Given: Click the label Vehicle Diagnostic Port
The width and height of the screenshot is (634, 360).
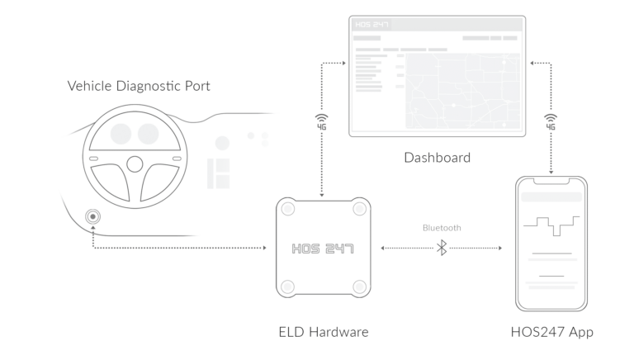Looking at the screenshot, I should click(x=138, y=85).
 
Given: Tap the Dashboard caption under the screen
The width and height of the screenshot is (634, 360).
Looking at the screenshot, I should click(x=437, y=157).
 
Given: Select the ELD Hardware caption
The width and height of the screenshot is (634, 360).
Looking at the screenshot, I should click(x=323, y=332).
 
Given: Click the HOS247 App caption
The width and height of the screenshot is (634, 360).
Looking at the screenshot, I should click(x=552, y=332).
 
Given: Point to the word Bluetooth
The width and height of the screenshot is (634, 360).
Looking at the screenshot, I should click(x=442, y=228).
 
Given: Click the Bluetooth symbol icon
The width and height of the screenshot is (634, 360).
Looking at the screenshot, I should click(x=442, y=247).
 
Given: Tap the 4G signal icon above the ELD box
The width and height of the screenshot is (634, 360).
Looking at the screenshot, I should click(x=321, y=122).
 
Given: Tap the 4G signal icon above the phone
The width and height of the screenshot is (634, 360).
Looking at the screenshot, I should click(x=551, y=122).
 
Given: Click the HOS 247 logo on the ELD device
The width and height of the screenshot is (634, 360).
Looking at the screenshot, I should click(x=323, y=248).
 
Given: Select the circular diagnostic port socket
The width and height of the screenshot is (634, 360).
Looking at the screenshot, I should click(x=92, y=217).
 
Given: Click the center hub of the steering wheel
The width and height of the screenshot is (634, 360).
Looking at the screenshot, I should click(x=134, y=163).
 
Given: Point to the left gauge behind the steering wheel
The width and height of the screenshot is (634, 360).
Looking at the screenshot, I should click(x=119, y=133).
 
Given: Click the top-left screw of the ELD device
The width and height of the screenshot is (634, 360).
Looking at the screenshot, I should click(x=286, y=209).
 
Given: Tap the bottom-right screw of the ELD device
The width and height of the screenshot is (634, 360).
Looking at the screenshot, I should click(x=359, y=287).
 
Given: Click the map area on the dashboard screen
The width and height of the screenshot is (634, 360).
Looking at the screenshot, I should click(x=459, y=91).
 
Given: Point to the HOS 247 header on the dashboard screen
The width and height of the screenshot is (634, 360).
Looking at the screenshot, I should click(x=372, y=25).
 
